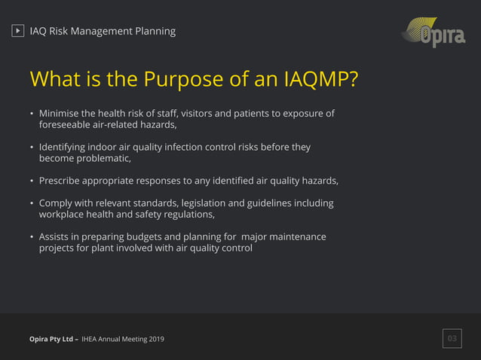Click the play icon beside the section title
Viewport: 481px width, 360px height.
click(18, 31)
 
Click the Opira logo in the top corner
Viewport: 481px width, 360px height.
click(434, 32)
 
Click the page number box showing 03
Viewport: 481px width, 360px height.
click(452, 339)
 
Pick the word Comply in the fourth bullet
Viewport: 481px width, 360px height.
click(57, 203)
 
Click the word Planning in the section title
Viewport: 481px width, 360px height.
click(153, 31)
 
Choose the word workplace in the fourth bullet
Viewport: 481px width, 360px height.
click(63, 215)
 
